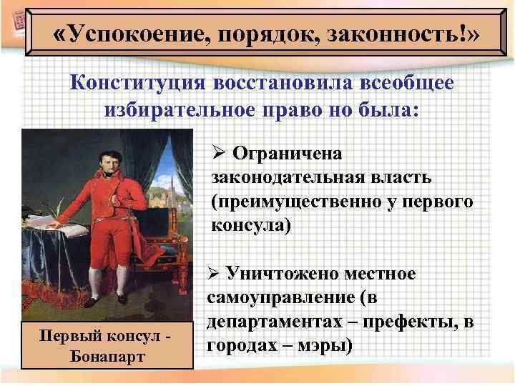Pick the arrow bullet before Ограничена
(218, 153)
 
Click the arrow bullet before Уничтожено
(212, 273)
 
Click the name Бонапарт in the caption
(107, 356)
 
